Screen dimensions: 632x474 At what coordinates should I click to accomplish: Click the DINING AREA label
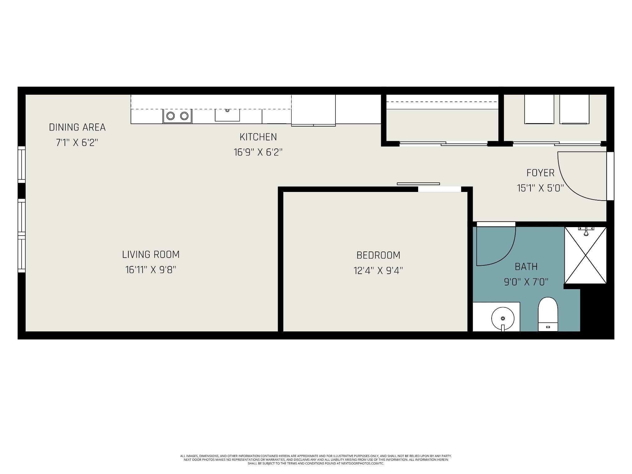pyautogui.click(x=77, y=127)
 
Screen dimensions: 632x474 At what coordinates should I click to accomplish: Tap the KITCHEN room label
pyautogui.click(x=258, y=137)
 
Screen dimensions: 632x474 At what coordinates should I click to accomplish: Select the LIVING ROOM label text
pyautogui.click(x=151, y=254)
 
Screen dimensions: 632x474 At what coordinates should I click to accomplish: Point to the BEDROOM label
pyautogui.click(x=378, y=255)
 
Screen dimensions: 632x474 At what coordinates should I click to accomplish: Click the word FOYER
pyautogui.click(x=540, y=173)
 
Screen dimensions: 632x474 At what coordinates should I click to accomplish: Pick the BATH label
pyautogui.click(x=526, y=267)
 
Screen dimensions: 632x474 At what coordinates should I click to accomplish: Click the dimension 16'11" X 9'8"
pyautogui.click(x=151, y=270)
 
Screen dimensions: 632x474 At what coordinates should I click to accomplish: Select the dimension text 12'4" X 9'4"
pyautogui.click(x=378, y=271)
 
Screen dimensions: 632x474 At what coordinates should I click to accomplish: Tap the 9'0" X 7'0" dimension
pyautogui.click(x=526, y=282)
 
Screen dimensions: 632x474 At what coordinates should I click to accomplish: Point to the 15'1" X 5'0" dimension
pyautogui.click(x=540, y=188)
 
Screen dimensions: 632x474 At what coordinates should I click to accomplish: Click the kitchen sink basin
pyautogui.click(x=227, y=114)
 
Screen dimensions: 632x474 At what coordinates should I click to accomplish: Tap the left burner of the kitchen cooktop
pyautogui.click(x=171, y=116)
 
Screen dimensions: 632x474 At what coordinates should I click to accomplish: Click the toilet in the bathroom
pyautogui.click(x=548, y=314)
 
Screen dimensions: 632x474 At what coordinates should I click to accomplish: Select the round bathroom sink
pyautogui.click(x=503, y=318)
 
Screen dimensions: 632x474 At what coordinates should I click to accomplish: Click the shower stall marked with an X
pyautogui.click(x=585, y=255)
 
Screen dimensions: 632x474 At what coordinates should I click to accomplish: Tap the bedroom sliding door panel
pyautogui.click(x=418, y=184)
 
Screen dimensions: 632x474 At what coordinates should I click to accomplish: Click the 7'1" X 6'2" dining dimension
pyautogui.click(x=77, y=143)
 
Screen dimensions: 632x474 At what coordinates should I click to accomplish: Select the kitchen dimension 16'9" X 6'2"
pyautogui.click(x=258, y=152)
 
